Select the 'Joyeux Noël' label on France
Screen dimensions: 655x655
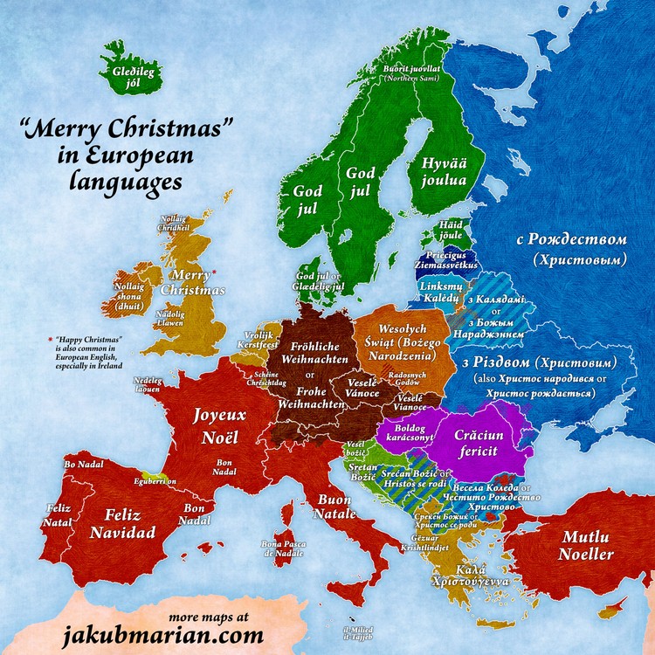coord(220,424)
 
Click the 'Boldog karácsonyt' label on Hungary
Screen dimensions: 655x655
coord(403,437)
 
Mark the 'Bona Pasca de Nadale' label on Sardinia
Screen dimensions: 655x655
coord(282,548)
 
